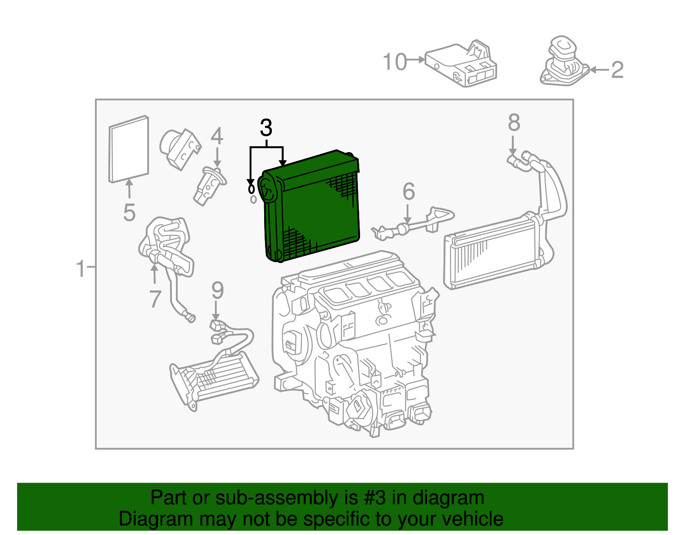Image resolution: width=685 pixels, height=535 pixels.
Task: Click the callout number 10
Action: [394, 62]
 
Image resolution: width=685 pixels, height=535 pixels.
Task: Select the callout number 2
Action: [617, 70]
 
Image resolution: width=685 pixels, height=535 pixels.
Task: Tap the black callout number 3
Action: [266, 128]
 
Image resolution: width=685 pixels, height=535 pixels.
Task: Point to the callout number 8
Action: [514, 123]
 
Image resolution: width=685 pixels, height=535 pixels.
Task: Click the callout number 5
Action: [129, 212]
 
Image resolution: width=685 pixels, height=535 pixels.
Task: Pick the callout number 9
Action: [217, 290]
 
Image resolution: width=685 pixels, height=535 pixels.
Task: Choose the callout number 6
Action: [408, 191]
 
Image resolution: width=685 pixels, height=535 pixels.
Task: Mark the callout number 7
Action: [155, 299]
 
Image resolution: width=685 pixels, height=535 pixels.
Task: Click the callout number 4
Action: [217, 137]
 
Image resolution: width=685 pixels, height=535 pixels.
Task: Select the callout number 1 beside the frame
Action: [81, 269]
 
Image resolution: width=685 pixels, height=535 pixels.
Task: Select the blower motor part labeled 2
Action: [563, 62]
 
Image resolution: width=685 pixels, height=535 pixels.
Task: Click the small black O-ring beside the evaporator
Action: [251, 188]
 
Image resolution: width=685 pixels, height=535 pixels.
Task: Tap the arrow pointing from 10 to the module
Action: [415, 60]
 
